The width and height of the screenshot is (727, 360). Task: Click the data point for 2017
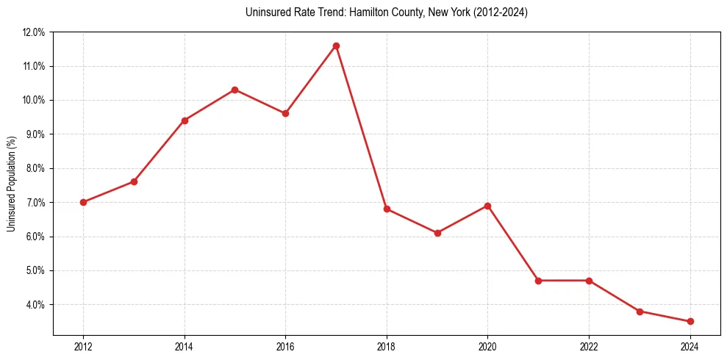(x=336, y=46)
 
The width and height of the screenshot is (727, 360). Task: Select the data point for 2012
(x=83, y=202)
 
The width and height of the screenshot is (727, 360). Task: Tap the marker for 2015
(x=234, y=90)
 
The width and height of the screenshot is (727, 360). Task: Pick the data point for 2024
(x=690, y=321)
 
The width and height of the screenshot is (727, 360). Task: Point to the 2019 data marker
(x=437, y=233)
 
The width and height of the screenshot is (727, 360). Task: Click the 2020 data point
(x=488, y=206)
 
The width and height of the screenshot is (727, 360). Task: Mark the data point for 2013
(x=134, y=181)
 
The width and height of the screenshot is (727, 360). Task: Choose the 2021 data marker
(x=538, y=281)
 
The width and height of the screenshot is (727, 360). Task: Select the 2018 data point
(x=387, y=209)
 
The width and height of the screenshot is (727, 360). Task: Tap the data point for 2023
(x=640, y=312)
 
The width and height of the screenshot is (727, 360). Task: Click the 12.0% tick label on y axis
(x=34, y=32)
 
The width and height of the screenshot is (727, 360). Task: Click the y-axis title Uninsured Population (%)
(x=12, y=184)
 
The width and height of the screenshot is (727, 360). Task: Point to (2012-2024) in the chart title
(x=501, y=12)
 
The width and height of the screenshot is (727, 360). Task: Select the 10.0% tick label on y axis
(x=34, y=101)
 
